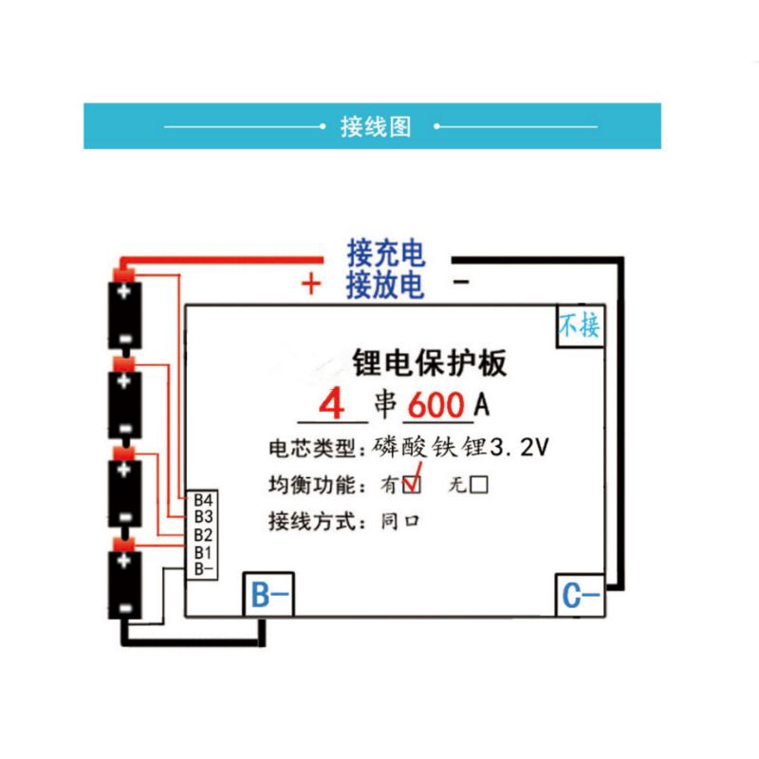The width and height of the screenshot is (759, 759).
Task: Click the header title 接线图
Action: click(376, 127)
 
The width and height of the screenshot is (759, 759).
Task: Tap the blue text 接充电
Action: click(385, 253)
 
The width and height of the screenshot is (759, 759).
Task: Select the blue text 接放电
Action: click(385, 284)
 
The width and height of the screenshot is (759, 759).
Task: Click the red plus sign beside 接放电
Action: click(311, 284)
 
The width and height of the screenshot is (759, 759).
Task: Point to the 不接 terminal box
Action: click(579, 327)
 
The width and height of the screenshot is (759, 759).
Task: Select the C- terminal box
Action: click(580, 596)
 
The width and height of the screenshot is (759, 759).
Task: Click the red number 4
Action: click(331, 405)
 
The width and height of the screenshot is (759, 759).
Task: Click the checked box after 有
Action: click(412, 486)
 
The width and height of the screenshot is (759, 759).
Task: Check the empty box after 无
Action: click(479, 486)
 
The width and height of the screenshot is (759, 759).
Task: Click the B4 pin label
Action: click(202, 500)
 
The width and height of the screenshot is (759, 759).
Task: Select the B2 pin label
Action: click(202, 534)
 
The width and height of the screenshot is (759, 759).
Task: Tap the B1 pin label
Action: click(202, 551)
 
